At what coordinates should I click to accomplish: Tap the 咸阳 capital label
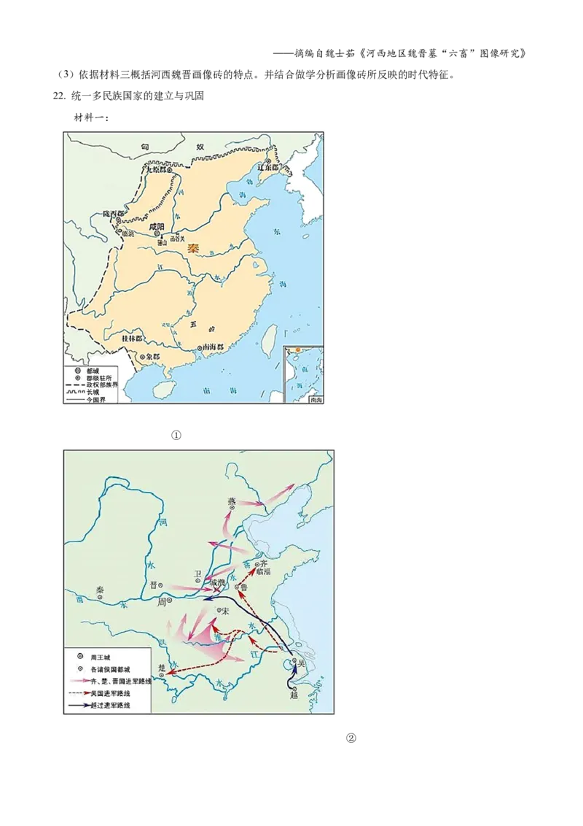(157, 227)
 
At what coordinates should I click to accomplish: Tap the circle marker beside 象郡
(141, 357)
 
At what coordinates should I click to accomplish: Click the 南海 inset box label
(316, 400)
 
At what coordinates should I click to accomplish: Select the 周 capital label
(162, 602)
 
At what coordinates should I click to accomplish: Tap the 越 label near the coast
(294, 695)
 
